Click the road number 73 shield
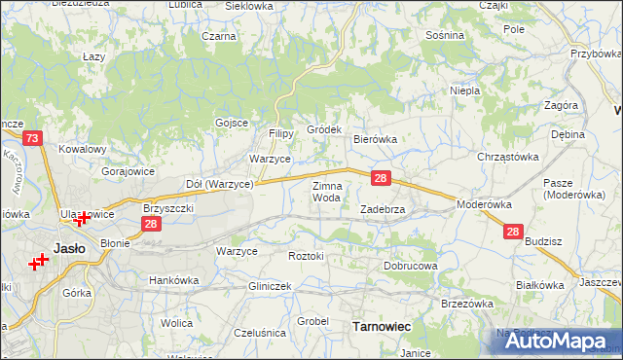point(32,139)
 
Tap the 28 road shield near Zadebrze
point(382,178)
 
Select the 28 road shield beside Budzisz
point(513,232)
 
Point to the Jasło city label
point(70,247)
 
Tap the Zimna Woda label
point(326,191)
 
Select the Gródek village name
point(324,129)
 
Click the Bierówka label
point(375,139)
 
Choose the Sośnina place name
point(445,34)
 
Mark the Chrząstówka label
point(507,156)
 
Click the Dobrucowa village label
point(411,265)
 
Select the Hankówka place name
point(173,280)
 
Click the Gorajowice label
point(128,170)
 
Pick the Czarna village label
point(219,36)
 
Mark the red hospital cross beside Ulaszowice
point(84,219)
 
